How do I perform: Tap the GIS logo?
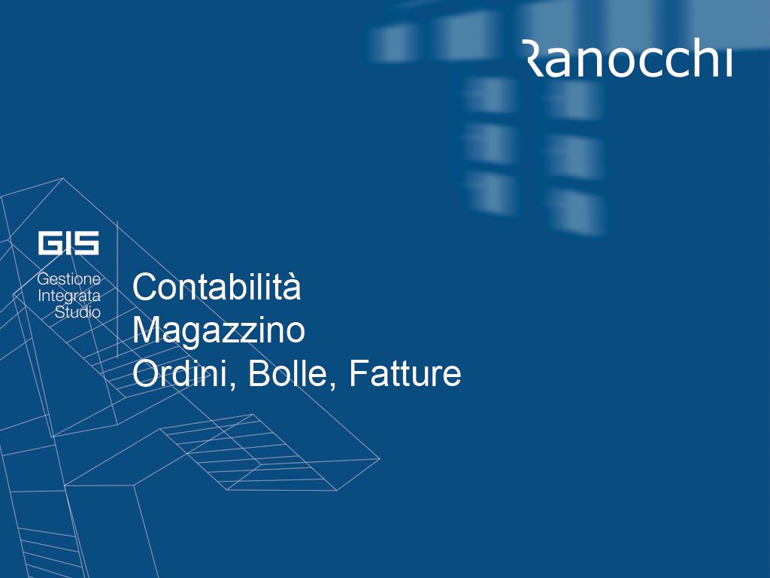pos(68,243)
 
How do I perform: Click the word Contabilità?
pos(216,287)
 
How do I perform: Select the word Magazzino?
pos(219,330)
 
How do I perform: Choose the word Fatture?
pos(405,374)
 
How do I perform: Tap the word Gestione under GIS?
pos(68,280)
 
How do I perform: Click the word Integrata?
pos(69,296)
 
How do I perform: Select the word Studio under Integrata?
pos(77,312)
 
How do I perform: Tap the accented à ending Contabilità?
pos(292,288)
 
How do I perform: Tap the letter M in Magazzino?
pos(145,330)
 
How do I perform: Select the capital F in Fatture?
pos(359,374)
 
